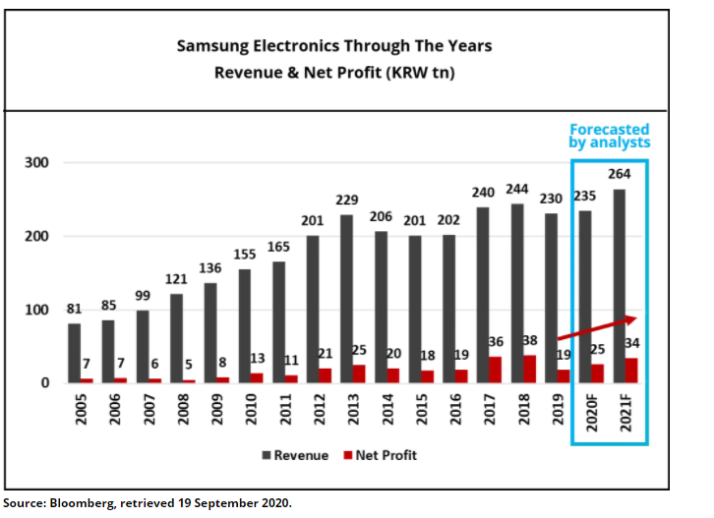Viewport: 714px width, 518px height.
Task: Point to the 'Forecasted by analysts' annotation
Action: [611, 136]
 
